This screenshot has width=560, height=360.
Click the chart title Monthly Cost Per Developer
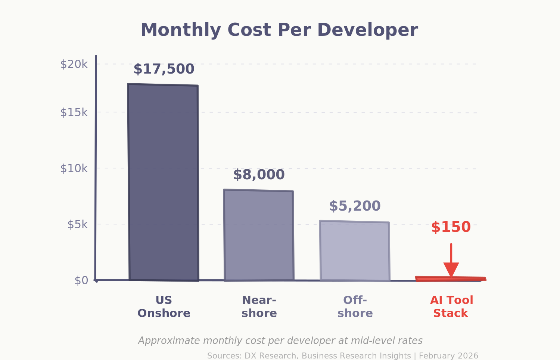click(279, 30)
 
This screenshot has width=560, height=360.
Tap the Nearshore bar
click(259, 235)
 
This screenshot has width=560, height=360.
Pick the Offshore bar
click(355, 251)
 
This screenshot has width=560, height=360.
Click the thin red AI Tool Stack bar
click(450, 279)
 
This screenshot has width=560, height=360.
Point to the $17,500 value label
click(164, 69)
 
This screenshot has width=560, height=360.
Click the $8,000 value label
click(259, 175)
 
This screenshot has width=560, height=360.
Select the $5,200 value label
click(355, 206)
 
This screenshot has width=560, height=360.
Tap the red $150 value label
click(451, 227)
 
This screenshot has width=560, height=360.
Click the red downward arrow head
click(451, 269)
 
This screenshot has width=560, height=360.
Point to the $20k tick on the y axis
click(74, 64)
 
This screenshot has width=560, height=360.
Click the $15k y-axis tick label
click(74, 112)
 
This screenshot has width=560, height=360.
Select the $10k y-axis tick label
click(74, 168)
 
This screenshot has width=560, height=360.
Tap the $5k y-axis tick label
click(77, 224)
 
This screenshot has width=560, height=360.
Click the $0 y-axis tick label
click(81, 280)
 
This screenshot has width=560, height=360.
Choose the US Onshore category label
click(164, 307)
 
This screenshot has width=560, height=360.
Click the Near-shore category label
click(259, 307)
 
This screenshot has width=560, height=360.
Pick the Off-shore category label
click(355, 307)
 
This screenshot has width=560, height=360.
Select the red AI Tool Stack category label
click(451, 307)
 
